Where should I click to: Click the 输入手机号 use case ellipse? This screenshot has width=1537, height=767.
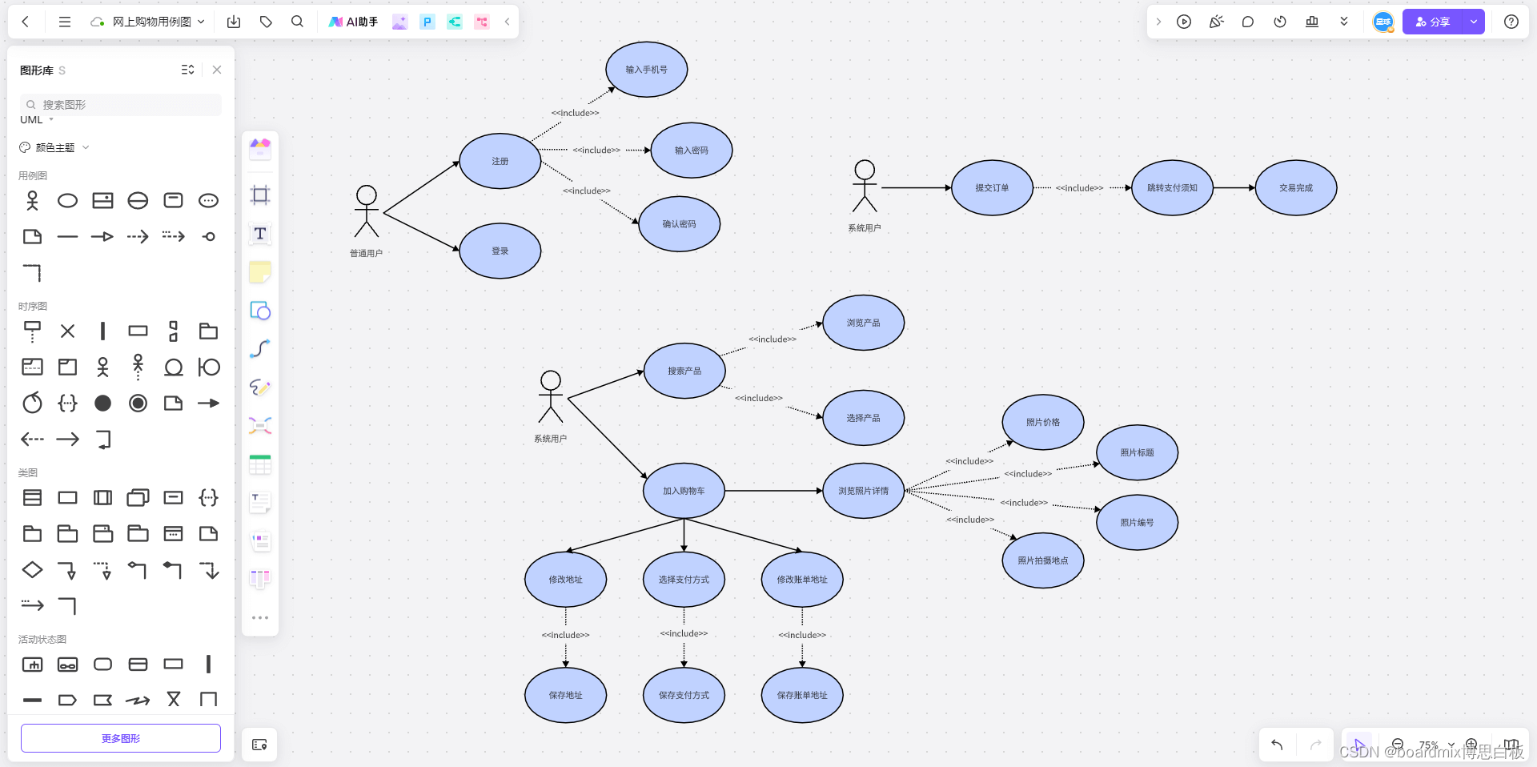(646, 70)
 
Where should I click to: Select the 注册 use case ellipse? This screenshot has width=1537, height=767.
(500, 161)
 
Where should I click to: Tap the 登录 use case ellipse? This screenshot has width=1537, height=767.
(500, 251)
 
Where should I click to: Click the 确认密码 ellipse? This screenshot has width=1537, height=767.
(679, 224)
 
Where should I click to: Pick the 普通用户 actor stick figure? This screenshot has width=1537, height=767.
(367, 211)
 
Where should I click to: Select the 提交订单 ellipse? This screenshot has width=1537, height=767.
(992, 188)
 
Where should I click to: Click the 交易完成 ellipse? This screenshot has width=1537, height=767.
(1295, 188)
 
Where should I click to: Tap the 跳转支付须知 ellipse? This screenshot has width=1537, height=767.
(1172, 188)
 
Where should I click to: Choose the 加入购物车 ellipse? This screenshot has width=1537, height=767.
(684, 491)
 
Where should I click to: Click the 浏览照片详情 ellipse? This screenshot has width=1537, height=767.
(863, 491)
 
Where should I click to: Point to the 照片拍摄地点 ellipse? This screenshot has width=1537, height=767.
(1042, 560)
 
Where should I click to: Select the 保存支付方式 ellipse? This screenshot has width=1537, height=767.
(684, 695)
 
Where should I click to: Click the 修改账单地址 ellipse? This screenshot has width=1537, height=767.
(802, 580)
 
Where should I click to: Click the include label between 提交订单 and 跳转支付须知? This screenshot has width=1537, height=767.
(1079, 188)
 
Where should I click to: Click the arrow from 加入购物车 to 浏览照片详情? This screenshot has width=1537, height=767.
(773, 491)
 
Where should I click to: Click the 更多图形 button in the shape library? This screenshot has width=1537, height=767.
(121, 738)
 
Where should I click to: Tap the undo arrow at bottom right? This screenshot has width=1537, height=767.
(1277, 745)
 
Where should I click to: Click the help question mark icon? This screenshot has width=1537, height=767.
(1511, 22)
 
